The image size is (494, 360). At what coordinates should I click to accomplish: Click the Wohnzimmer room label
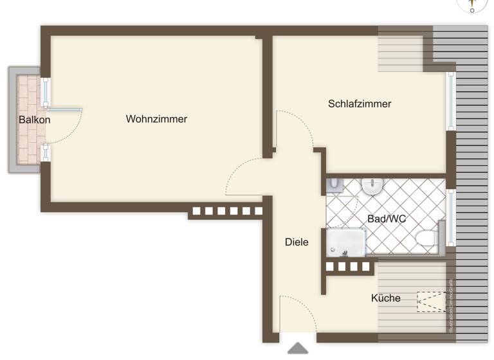(x=156, y=119)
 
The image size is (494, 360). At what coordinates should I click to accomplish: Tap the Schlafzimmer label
(x=360, y=104)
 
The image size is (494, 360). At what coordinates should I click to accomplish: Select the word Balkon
(x=34, y=120)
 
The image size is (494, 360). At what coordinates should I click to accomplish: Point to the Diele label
(x=297, y=242)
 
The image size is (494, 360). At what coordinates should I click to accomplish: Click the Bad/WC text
(x=387, y=219)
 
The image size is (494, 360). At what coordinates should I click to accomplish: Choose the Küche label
(x=385, y=298)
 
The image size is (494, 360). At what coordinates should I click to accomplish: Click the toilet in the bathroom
(x=425, y=239)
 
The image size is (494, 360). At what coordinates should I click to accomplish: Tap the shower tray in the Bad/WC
(x=345, y=242)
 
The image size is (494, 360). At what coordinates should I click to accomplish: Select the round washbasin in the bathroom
(x=372, y=186)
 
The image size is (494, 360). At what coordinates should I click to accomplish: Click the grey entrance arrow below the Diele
(x=297, y=348)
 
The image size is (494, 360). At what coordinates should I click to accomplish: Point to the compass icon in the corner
(x=472, y=5)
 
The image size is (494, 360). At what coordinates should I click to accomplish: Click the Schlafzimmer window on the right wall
(x=451, y=101)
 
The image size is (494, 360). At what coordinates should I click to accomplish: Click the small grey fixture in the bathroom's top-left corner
(x=334, y=185)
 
